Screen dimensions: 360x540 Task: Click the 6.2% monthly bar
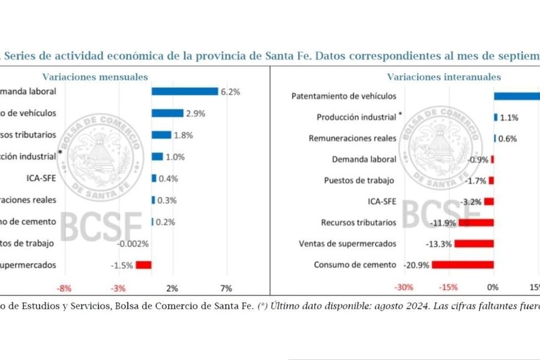coord(184,91)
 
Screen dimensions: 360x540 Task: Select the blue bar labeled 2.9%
coord(168,113)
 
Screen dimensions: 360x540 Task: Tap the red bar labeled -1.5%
coord(144,265)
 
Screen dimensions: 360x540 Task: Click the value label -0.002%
coord(133,243)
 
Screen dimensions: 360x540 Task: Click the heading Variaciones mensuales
coord(95,77)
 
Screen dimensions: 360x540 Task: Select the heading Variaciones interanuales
coord(444,77)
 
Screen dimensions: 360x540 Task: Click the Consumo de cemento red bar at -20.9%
coord(463,265)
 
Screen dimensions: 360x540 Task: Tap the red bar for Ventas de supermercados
coord(474,243)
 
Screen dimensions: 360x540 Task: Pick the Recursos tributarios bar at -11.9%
coord(476,222)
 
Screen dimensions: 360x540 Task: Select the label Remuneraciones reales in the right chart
coord(352,138)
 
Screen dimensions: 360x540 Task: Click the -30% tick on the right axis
coord(404,288)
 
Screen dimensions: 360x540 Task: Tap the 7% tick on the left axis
coord(226,288)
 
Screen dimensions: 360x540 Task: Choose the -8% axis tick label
coord(65,288)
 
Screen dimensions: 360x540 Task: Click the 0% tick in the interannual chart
coord(492,288)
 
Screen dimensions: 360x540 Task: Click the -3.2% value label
coord(472,202)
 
